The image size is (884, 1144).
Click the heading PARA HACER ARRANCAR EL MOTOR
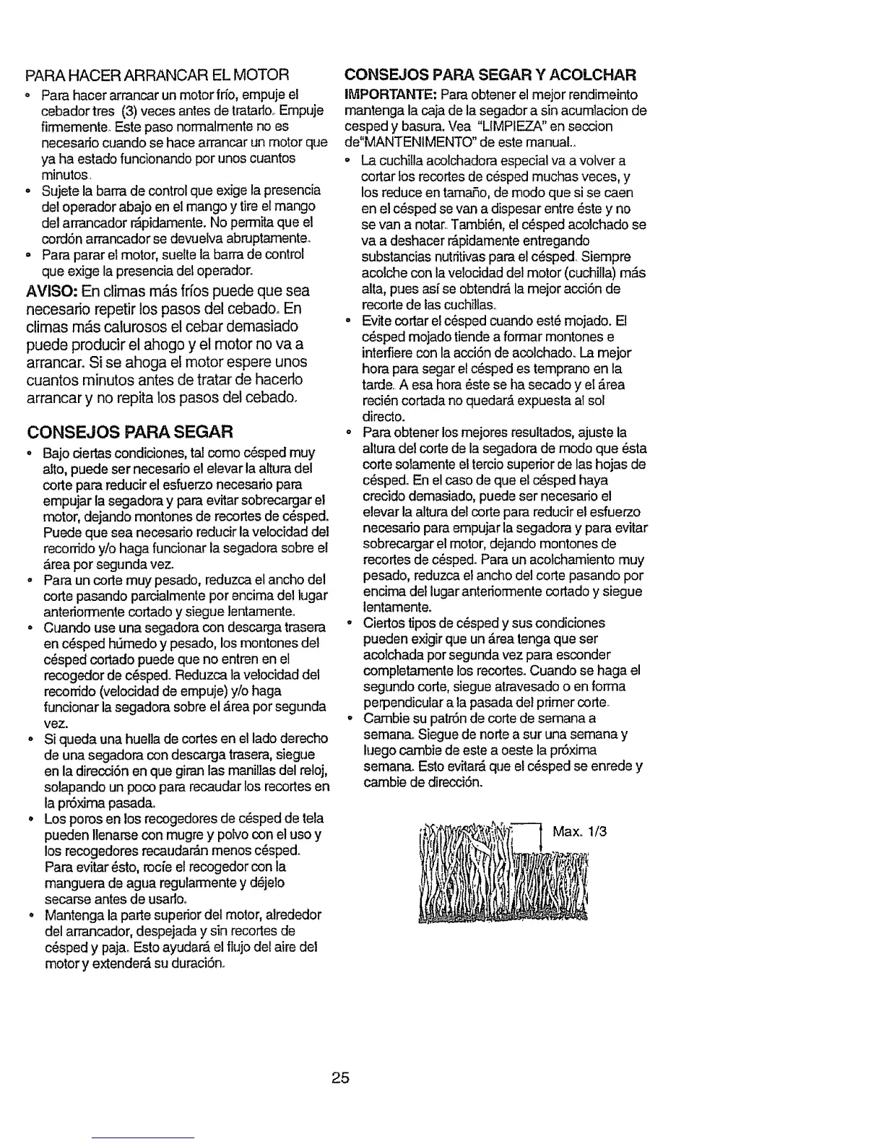point(157,74)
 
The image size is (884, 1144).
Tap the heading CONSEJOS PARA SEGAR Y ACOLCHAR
point(490,74)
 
